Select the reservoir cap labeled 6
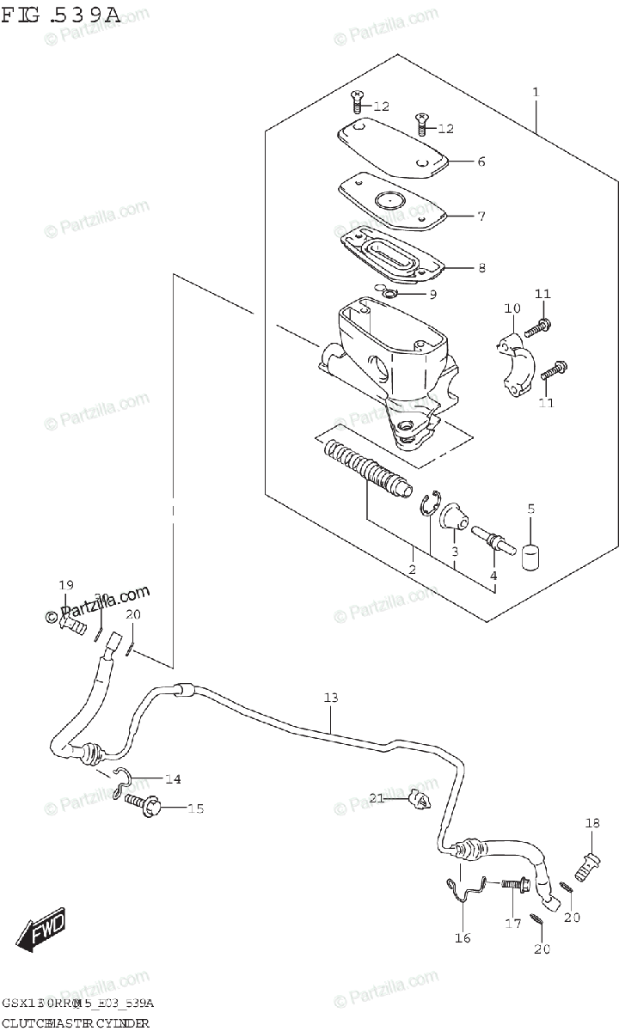pos(391,150)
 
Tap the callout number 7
pos(481,216)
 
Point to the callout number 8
pos(481,267)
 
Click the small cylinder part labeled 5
pos(531,554)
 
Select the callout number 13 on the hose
pos(332,699)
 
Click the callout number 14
pos(173,779)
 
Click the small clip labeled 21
pos(417,800)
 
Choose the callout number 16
pos(463,937)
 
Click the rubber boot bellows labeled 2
pos(365,473)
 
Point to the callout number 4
pos(493,575)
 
